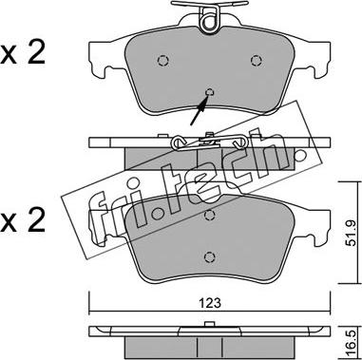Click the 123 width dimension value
pos(210,303)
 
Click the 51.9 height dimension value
pos(351,233)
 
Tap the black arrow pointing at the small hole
pos(200,110)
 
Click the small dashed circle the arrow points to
pos(210,92)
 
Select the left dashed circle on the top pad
pos(163,60)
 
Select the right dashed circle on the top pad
pos(257,60)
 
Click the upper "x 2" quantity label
pos(23,53)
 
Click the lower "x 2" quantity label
pos(23,220)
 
